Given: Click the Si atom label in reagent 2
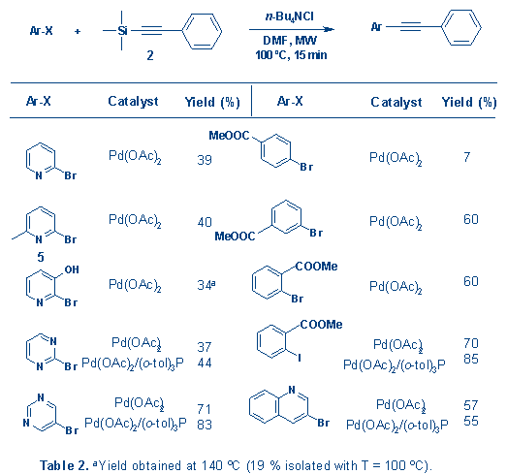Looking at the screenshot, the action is [122, 31].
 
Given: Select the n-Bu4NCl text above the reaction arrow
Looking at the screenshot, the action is [290, 16].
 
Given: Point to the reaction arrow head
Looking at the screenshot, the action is [329, 29].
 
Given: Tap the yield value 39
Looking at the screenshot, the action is [205, 160].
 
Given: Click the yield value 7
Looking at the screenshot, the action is [466, 157].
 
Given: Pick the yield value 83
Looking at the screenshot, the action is [205, 425].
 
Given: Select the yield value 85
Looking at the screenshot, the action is [471, 359].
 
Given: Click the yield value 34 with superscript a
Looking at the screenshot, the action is [206, 285].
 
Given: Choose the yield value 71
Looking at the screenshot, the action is [204, 409].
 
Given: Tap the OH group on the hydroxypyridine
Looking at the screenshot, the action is [72, 269].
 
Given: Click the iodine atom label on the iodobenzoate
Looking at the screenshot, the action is [300, 358].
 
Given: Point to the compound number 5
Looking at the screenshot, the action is [41, 257].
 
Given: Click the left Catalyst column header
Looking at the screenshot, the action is [133, 102].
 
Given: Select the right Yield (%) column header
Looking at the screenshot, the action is [469, 102].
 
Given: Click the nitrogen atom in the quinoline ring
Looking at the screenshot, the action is [292, 390].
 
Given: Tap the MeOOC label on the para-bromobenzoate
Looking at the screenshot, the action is [229, 135].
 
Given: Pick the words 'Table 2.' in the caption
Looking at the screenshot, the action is [64, 465].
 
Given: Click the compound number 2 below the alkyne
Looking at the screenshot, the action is [150, 55].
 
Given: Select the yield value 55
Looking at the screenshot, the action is [471, 421].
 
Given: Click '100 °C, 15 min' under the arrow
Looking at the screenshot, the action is [291, 55].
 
